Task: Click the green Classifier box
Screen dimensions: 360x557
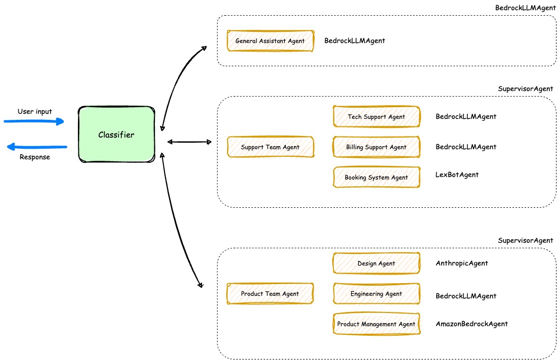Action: point(116,134)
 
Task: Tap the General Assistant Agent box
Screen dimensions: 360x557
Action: point(270,40)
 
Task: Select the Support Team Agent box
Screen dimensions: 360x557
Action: point(270,147)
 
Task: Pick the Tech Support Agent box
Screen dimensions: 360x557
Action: point(376,117)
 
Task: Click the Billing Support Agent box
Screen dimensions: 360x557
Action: point(376,147)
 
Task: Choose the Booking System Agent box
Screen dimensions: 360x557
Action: point(376,177)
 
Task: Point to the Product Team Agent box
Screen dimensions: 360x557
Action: point(270,294)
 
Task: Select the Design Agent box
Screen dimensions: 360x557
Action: point(376,263)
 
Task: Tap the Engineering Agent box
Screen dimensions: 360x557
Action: point(376,294)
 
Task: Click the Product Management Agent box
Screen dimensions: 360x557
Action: point(376,324)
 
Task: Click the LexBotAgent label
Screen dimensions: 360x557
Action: point(457,175)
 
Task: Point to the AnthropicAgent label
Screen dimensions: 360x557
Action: point(462,263)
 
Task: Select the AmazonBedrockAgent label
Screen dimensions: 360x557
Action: point(472,324)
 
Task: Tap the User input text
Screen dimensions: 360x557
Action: point(35,112)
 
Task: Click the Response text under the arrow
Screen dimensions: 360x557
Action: point(35,157)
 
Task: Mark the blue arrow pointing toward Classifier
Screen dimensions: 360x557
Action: point(34,121)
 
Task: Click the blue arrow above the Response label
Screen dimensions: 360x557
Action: point(36,147)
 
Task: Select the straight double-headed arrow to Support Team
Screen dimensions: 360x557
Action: point(189,142)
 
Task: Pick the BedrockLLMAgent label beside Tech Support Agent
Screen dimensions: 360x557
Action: point(466,117)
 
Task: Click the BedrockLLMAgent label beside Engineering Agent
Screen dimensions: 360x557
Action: point(466,296)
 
